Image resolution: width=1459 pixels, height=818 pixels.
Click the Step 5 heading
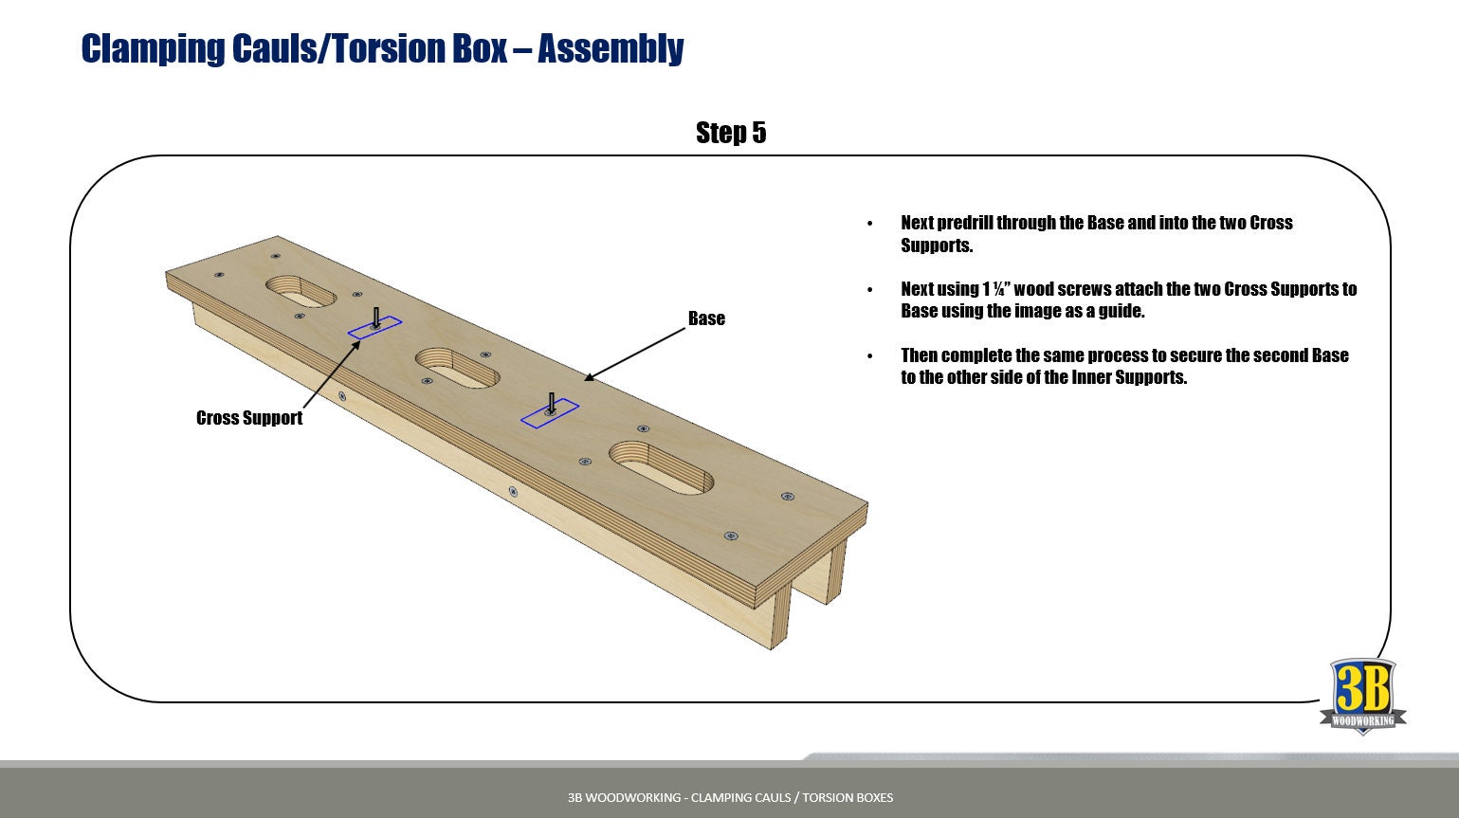pos(730,133)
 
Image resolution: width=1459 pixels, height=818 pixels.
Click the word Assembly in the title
pos(610,48)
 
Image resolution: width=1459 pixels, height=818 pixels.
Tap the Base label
pos(706,318)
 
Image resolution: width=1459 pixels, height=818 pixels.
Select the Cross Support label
pos(249,418)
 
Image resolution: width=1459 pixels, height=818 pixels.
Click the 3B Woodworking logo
pos(1362,697)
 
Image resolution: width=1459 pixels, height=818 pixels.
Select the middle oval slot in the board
pos(457,367)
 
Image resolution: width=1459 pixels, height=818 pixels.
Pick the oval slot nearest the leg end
pos(661,465)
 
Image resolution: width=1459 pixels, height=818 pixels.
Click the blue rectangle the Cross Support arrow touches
pos(374,328)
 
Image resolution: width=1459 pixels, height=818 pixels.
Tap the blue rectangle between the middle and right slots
pos(550,414)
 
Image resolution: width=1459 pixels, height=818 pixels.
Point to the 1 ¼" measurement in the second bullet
pos(995,289)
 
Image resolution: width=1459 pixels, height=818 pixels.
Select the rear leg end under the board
pos(834,573)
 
